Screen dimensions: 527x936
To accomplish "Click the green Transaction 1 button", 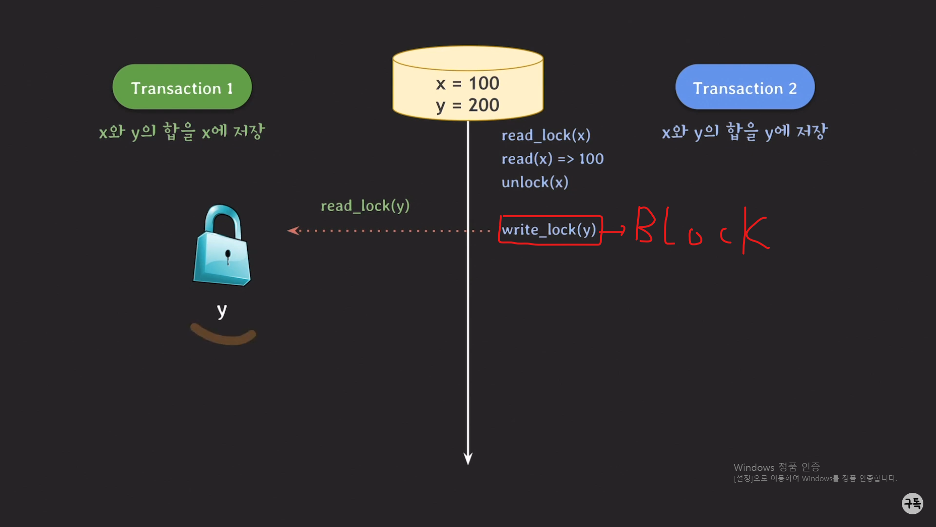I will tap(182, 87).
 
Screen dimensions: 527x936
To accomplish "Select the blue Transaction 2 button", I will tap(744, 87).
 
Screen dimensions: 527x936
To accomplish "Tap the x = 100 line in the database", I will tap(468, 83).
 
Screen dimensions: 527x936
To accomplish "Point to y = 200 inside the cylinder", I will tap(468, 105).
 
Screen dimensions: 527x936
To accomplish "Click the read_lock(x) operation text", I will tap(546, 135).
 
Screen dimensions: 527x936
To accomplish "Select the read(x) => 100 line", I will tap(552, 159).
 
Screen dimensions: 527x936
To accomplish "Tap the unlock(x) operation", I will tap(535, 182).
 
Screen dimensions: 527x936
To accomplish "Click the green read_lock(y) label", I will tap(365, 205).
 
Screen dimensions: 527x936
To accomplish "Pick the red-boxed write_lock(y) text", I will tap(549, 229).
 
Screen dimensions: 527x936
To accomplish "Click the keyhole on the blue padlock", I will tap(228, 255).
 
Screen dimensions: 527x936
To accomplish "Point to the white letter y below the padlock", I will tap(222, 310).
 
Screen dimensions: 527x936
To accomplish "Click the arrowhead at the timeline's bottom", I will tap(468, 459).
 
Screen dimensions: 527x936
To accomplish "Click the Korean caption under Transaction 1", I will tap(182, 131).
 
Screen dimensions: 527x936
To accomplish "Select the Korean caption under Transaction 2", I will tap(744, 131).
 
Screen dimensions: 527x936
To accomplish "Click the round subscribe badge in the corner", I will tap(912, 503).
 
